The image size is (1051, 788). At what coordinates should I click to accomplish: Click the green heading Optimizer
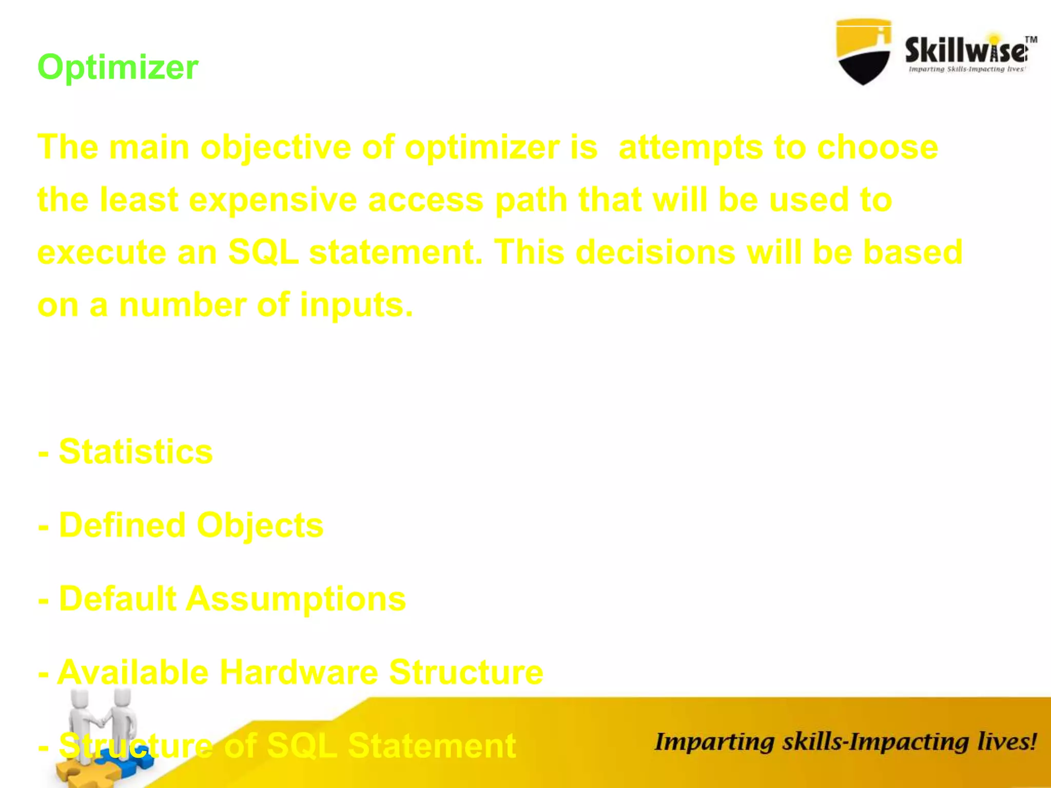coord(118,67)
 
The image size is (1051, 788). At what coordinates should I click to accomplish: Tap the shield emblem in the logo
coord(863,52)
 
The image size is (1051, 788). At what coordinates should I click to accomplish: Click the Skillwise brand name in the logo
coord(966,51)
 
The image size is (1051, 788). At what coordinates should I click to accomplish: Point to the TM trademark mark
coord(1031,40)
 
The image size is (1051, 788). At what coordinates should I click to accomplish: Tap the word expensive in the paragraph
coord(273,200)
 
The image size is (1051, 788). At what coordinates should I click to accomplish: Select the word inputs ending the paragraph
coord(356,305)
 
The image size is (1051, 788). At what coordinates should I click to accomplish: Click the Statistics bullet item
coord(135,452)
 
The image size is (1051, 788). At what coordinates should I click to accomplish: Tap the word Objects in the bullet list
coord(260,525)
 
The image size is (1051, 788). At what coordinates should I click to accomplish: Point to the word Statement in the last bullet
coord(432,745)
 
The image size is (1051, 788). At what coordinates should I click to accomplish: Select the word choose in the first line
coord(877,148)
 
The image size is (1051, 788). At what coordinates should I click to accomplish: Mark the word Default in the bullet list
coord(118,599)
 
